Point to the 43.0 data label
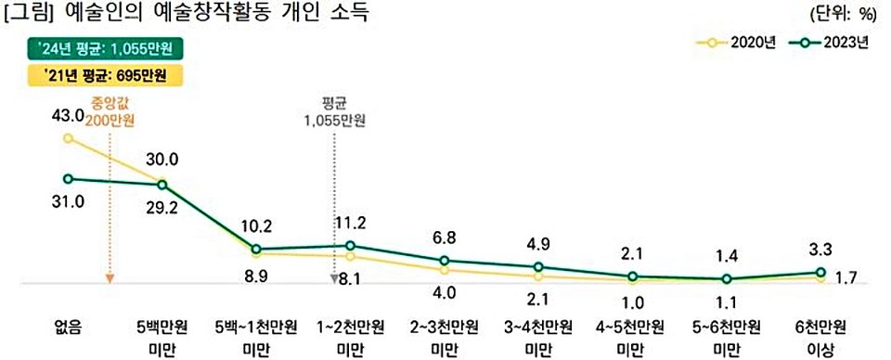(68, 115)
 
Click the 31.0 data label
(68, 200)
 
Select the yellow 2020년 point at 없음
(68, 138)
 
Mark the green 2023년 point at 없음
(68, 178)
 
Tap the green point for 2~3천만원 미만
(445, 261)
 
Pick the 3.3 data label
(820, 250)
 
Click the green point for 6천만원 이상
(820, 273)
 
